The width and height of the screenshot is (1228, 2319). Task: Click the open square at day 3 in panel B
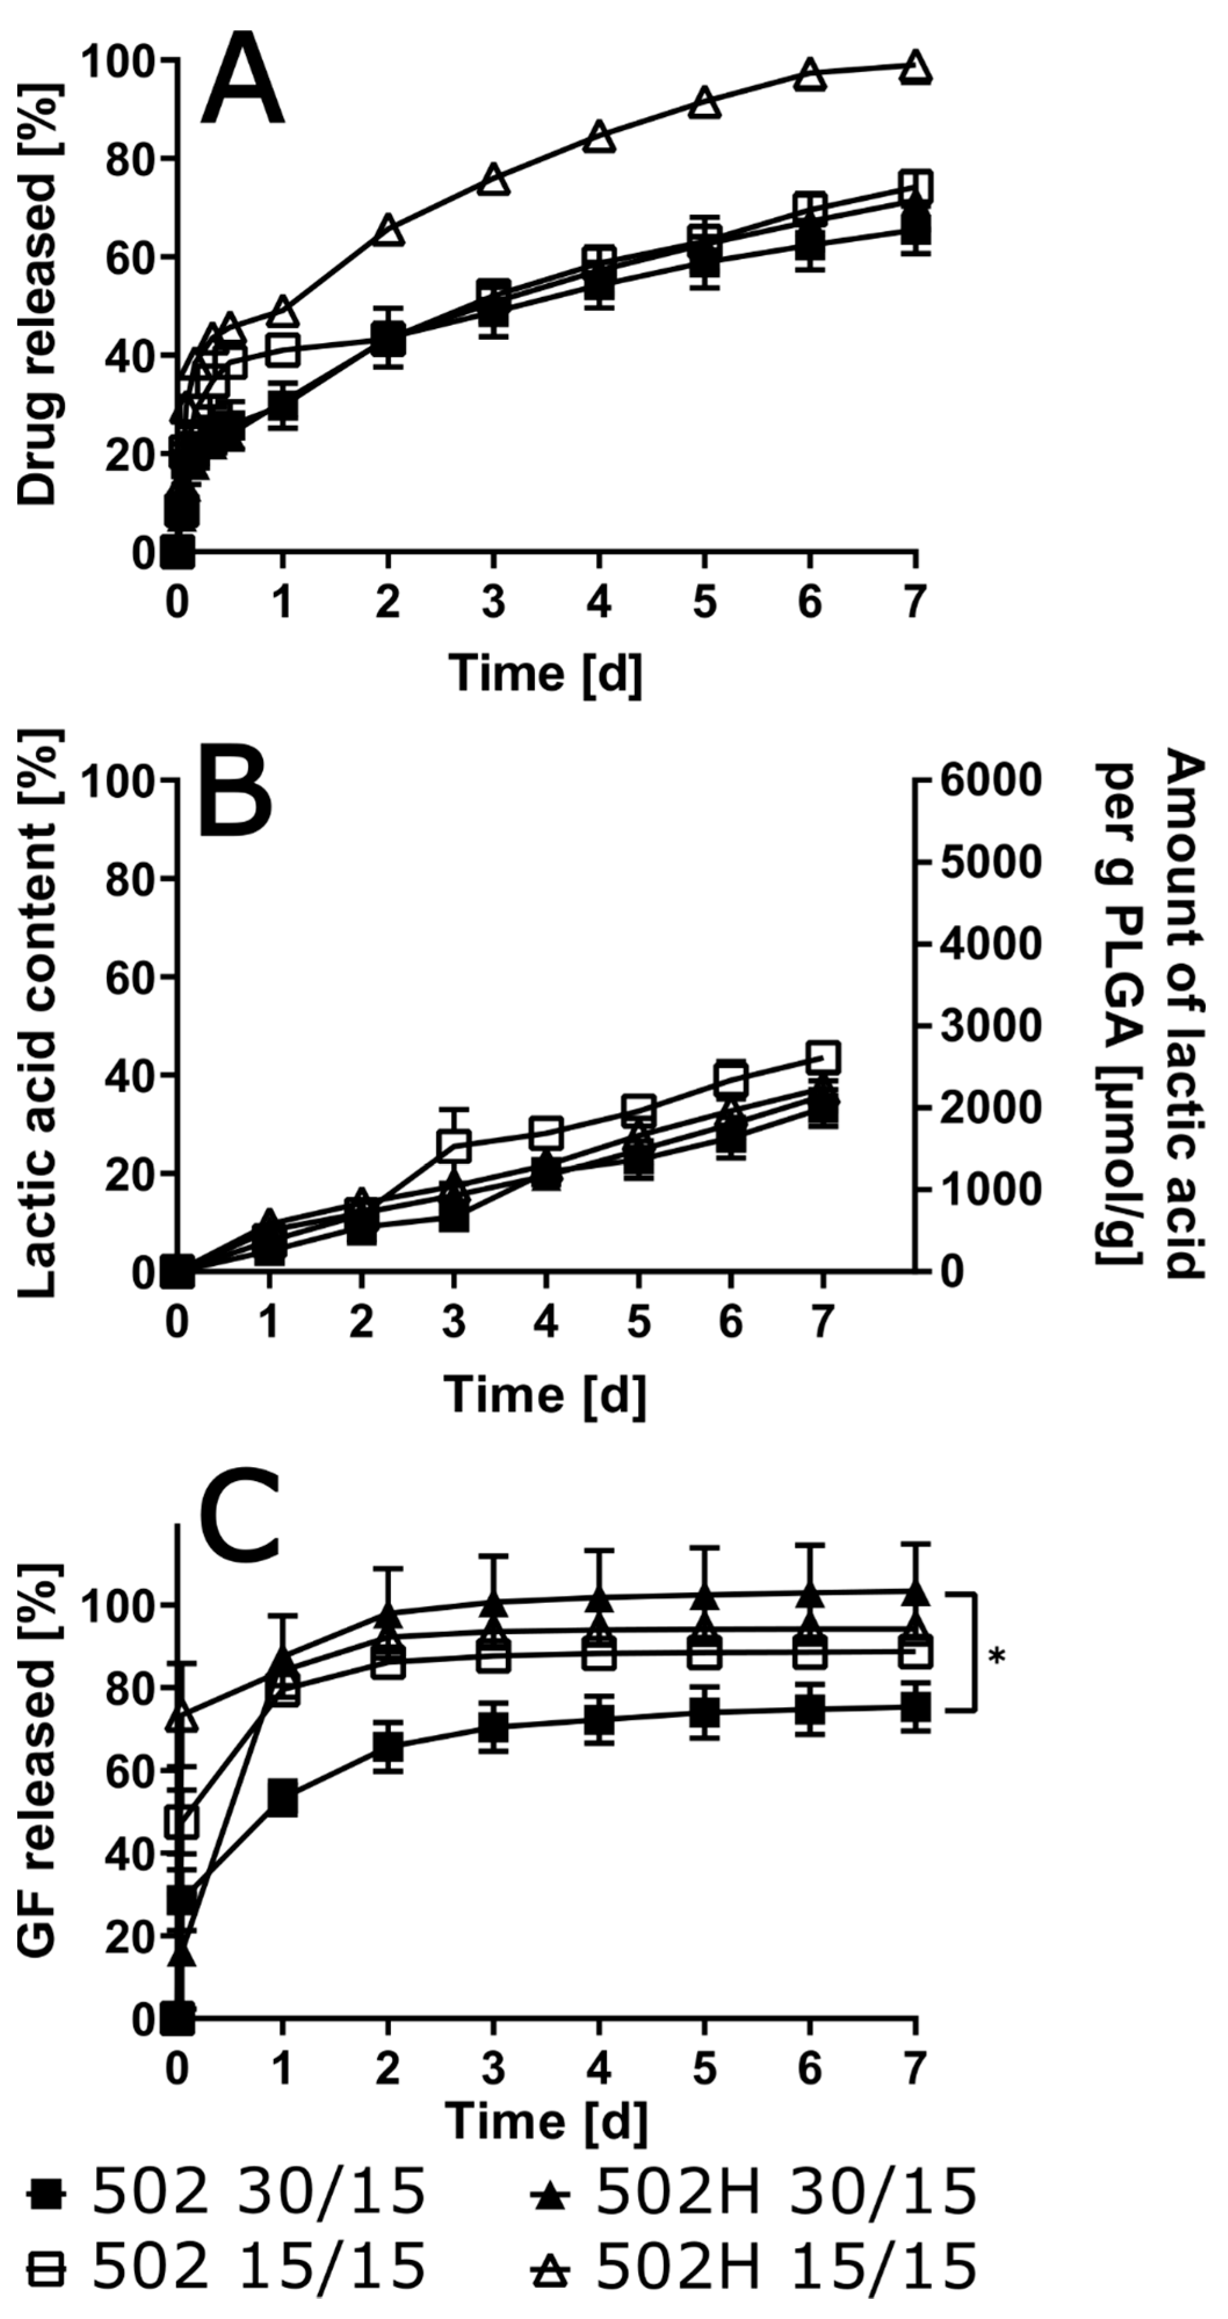(454, 1144)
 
